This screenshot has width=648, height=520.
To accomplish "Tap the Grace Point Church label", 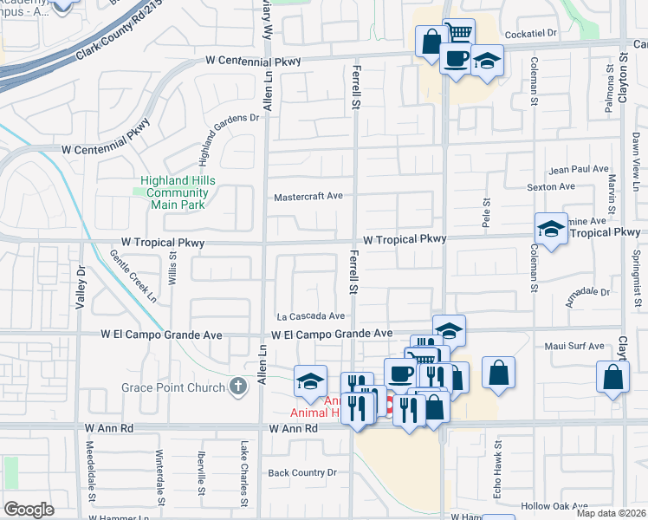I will coord(174,387).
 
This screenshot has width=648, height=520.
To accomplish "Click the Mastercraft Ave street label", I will coord(309,197).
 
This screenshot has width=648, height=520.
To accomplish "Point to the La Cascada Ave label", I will coord(311,316).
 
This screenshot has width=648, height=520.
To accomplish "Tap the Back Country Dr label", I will coord(301,472).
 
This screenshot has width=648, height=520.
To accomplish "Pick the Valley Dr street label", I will coord(82,283).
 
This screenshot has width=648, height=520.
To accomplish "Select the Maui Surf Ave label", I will coord(576,347).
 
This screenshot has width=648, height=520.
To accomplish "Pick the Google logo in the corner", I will coord(29,510).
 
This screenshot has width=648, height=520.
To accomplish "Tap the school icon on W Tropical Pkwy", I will coord(551,229).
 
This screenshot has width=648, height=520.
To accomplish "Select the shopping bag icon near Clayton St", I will coord(613,377).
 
